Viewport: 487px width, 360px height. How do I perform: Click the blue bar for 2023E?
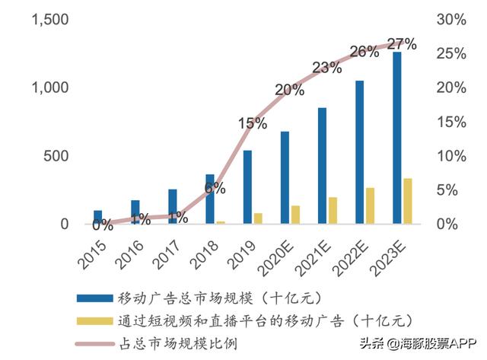click(396, 138)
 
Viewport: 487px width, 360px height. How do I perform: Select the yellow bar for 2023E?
click(408, 201)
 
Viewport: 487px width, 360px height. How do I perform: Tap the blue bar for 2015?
click(97, 217)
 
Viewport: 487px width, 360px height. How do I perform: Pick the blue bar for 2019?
click(247, 187)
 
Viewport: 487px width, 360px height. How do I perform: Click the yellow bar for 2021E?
click(333, 210)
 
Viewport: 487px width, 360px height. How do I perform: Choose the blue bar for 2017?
click(172, 206)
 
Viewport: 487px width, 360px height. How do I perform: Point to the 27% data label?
click(403, 44)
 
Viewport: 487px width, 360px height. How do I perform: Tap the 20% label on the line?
click(289, 90)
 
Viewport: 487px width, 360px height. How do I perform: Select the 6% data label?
click(215, 188)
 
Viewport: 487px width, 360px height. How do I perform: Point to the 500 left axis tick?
click(56, 156)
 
